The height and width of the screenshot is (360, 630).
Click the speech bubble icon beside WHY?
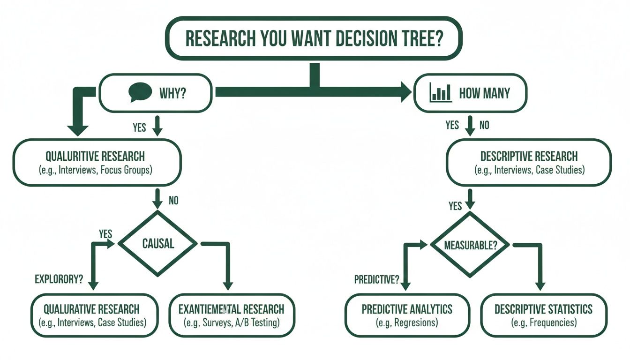[x=140, y=92]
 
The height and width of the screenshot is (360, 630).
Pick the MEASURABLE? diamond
[x=469, y=245]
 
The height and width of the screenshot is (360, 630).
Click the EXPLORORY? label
[x=59, y=279]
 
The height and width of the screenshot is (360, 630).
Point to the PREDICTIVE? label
[x=376, y=280]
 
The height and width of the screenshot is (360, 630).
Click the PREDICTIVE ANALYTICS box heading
[x=407, y=309]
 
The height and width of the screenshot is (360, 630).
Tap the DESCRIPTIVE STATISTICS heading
[x=543, y=309]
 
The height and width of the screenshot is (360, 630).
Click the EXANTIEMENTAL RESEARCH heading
[x=231, y=309]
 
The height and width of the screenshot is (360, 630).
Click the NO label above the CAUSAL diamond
[x=173, y=201]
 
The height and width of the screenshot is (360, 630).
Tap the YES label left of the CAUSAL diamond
[x=105, y=233]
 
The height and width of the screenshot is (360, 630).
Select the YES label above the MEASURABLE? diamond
[x=455, y=206]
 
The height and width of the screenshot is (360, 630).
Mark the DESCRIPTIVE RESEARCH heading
[x=529, y=156]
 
